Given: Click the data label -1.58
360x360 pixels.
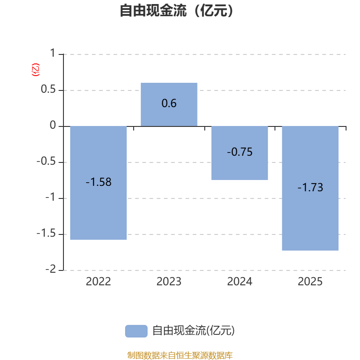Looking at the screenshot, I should tap(99, 182).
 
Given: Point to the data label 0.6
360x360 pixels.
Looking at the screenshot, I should tap(169, 103).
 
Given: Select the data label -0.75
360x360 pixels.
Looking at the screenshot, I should tap(239, 152).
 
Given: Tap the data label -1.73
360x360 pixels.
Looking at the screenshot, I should tap(310, 188).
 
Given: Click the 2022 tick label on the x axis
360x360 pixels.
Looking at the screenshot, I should tap(99, 282).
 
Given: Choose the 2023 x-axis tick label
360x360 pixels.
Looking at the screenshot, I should tap(169, 282).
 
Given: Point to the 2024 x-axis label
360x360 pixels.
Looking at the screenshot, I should tap(239, 282).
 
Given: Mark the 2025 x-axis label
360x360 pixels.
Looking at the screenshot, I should tap(310, 282).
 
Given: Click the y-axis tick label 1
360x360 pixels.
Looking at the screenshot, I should tap(53, 54).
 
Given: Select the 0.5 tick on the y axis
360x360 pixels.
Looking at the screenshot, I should tap(49, 90).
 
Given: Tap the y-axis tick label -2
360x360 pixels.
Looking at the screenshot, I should tap(50, 270).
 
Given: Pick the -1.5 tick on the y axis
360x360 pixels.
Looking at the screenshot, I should tap(47, 234).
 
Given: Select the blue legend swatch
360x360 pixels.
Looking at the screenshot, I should tap(136, 331).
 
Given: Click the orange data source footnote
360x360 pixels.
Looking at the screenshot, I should tap(180, 355).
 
